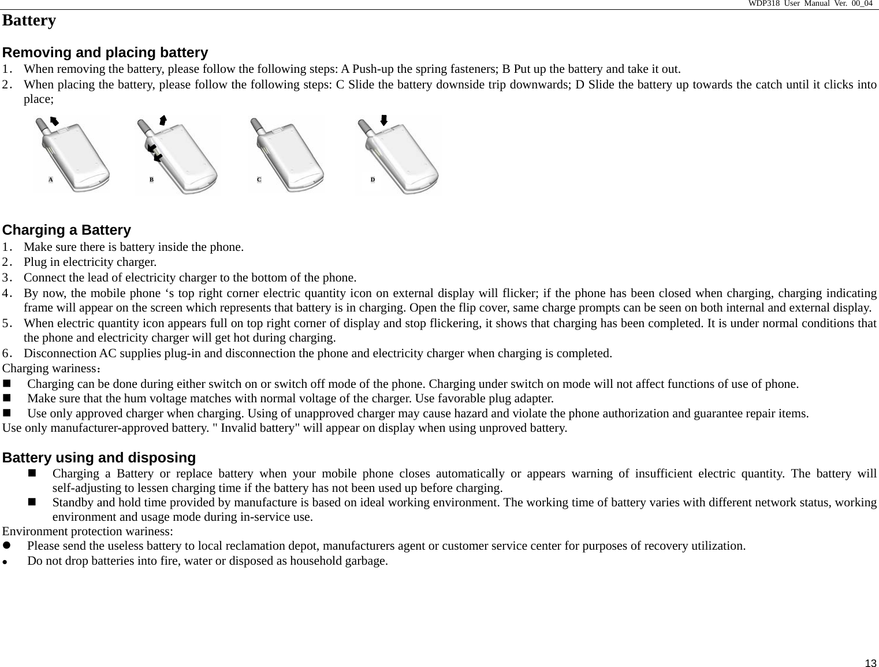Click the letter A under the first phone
(51, 180)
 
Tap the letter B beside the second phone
(152, 180)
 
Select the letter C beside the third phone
(259, 180)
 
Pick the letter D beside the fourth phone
(373, 180)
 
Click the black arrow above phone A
(54, 120)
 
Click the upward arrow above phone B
(163, 120)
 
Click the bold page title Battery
(29, 21)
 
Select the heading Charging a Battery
(67, 230)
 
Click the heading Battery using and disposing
(99, 458)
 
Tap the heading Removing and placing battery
(105, 53)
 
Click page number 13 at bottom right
(870, 662)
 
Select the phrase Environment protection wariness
(88, 531)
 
